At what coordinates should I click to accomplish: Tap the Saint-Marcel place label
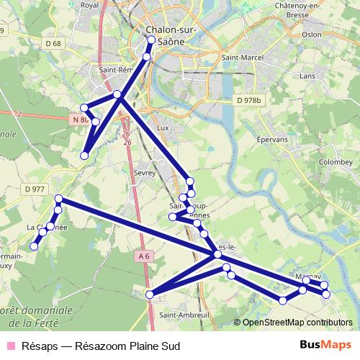(x=241, y=57)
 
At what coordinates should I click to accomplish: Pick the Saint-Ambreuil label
(x=184, y=315)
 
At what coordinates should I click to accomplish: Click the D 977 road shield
(x=34, y=189)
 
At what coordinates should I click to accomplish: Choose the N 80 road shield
(x=80, y=119)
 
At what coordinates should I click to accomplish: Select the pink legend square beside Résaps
(x=10, y=346)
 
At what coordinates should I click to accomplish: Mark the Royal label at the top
(x=89, y=5)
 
